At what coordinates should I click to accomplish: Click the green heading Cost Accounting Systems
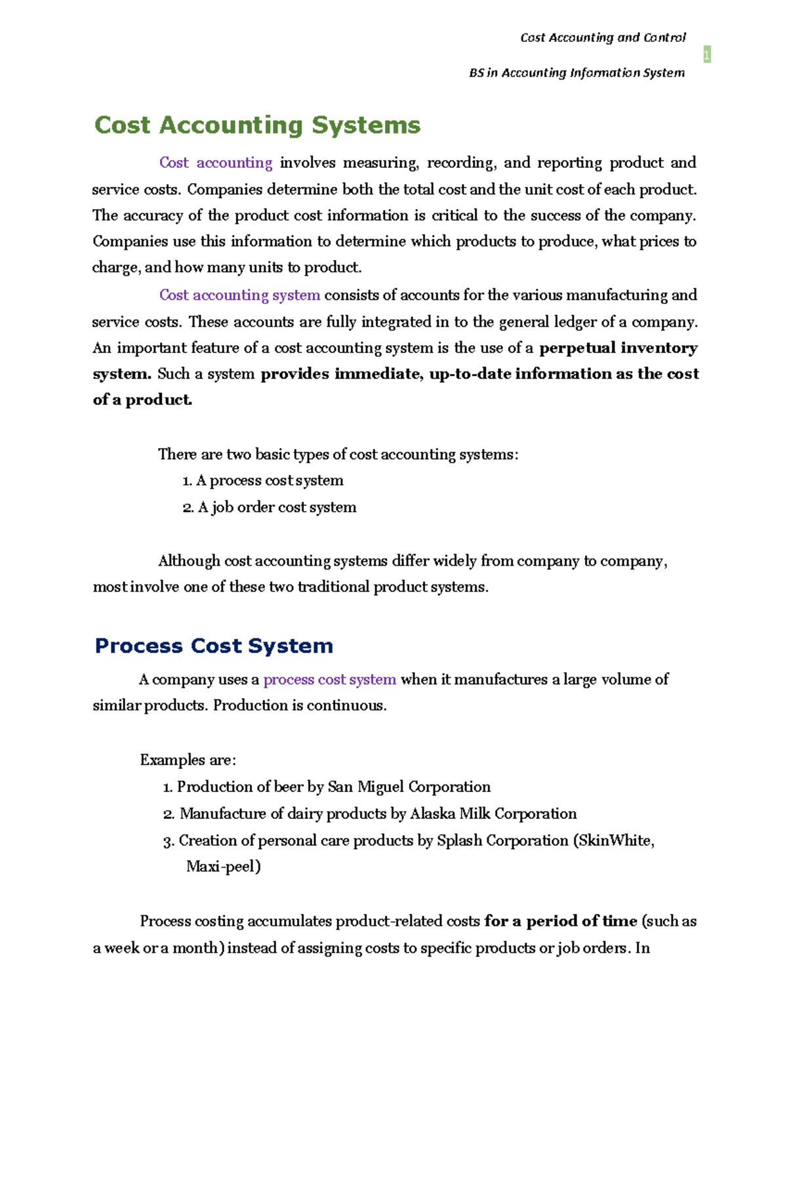tap(257, 125)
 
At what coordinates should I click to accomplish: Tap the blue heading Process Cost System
tap(214, 646)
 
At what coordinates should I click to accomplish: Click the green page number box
tap(706, 54)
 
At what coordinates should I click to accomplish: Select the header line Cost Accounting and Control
tap(603, 37)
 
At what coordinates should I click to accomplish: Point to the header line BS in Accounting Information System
tap(576, 73)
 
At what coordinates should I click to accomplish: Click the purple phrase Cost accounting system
tap(239, 295)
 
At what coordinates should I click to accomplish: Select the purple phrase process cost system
tap(329, 680)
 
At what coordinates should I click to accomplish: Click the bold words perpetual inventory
tap(618, 348)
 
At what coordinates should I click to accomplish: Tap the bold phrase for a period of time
tap(561, 921)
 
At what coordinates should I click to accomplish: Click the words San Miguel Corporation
tap(409, 787)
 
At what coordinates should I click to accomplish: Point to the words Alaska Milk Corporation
tap(493, 814)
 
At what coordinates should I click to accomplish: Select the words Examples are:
tap(188, 760)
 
